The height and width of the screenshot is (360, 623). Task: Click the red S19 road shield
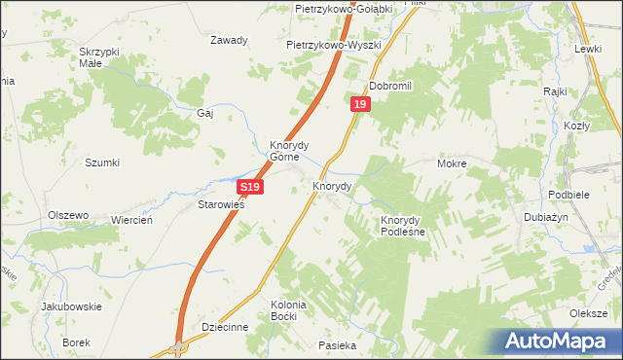click(249, 186)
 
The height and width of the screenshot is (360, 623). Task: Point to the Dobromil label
click(391, 86)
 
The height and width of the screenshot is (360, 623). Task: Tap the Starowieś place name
click(221, 205)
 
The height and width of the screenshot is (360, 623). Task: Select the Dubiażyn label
click(546, 218)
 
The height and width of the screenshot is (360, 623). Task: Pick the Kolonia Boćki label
click(288, 311)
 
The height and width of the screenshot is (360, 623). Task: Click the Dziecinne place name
click(224, 328)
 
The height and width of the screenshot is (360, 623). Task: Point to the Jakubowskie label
click(71, 306)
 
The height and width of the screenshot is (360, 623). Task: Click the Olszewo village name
click(68, 215)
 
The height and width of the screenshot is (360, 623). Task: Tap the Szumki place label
click(102, 162)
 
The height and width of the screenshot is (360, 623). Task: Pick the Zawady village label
click(230, 41)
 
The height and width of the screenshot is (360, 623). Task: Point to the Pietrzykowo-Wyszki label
click(333, 45)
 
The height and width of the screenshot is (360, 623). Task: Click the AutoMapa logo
click(561, 341)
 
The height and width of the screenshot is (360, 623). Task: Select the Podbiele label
click(568, 194)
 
